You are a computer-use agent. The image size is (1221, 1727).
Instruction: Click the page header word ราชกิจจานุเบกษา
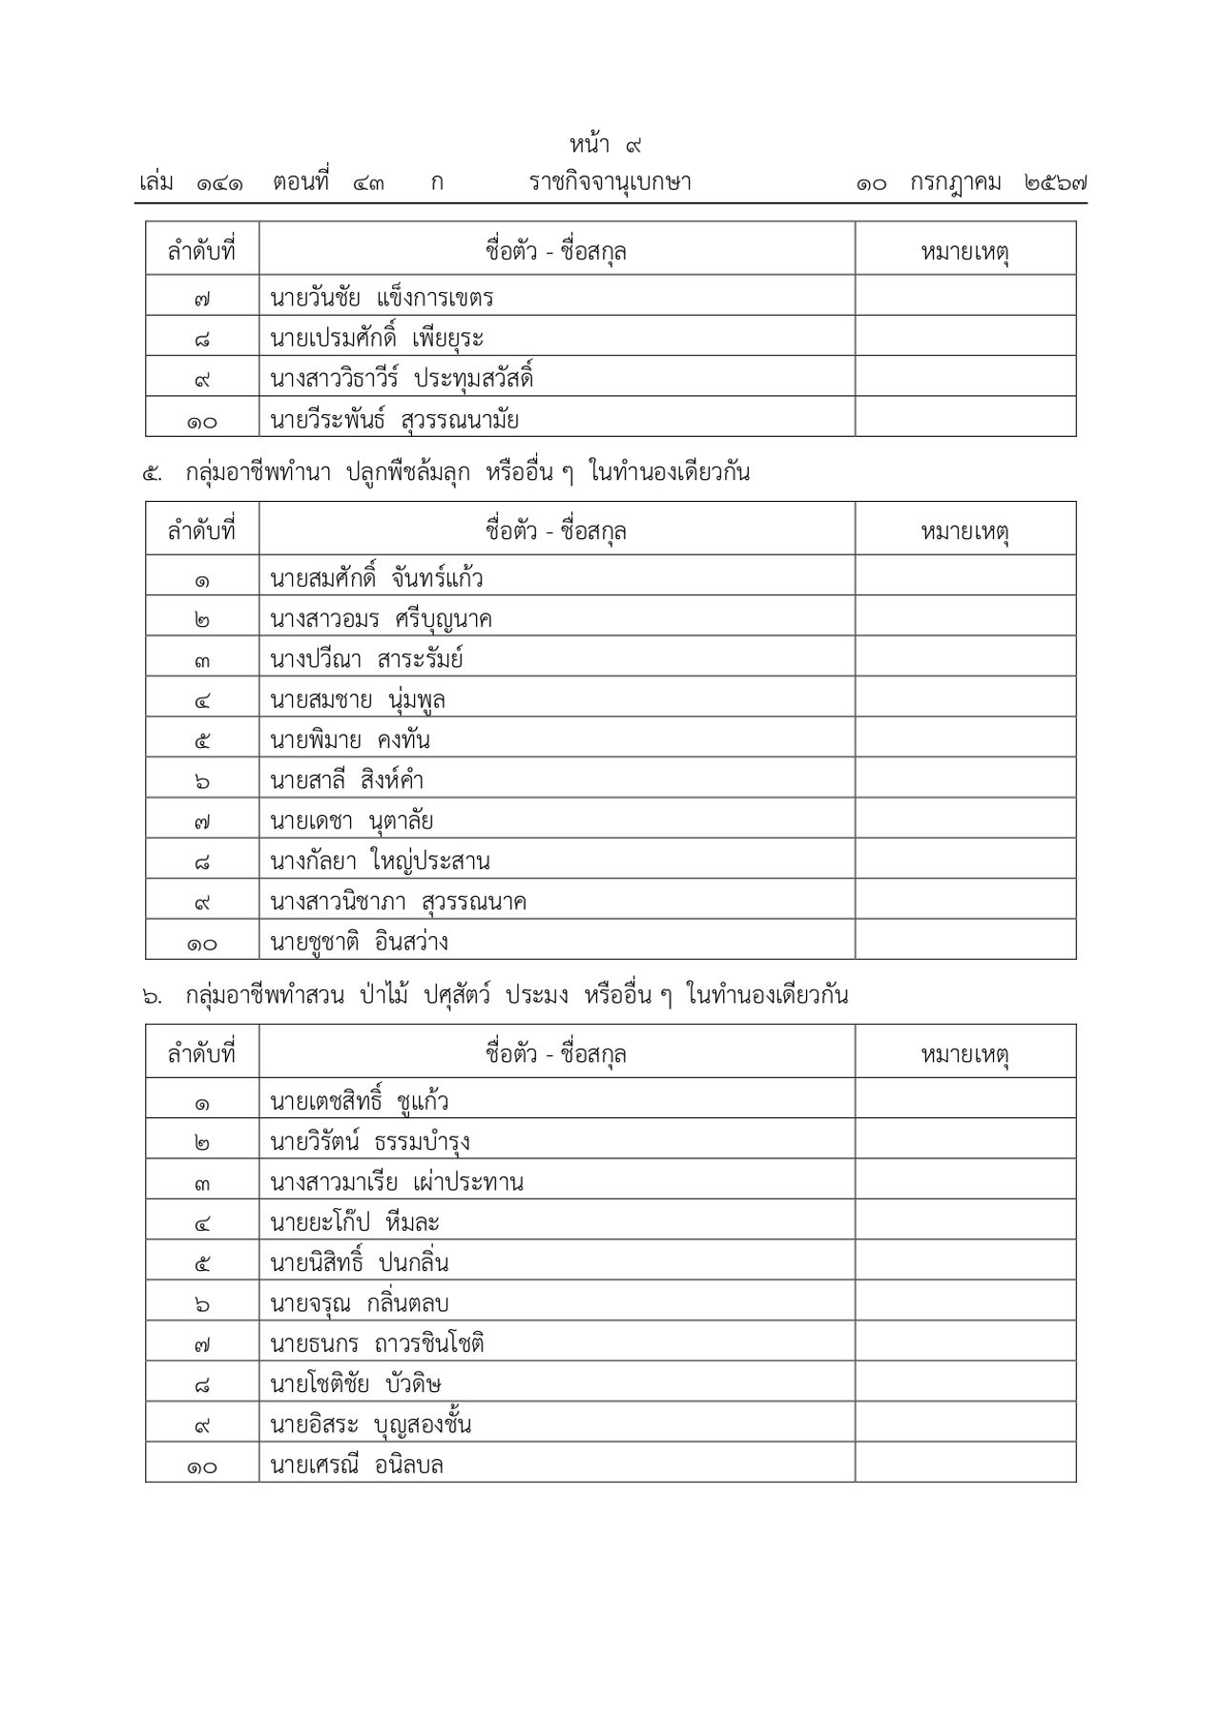click(x=610, y=182)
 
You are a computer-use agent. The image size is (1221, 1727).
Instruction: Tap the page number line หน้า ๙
click(x=606, y=145)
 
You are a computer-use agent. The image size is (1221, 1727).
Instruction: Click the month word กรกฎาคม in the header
click(x=955, y=182)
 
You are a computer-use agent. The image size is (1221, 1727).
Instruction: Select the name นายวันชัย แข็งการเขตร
click(x=382, y=298)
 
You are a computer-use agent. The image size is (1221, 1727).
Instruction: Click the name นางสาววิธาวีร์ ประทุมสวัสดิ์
click(x=402, y=379)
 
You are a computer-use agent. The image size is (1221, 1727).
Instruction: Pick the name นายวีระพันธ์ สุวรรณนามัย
click(x=394, y=420)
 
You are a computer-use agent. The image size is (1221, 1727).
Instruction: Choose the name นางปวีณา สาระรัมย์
click(x=367, y=659)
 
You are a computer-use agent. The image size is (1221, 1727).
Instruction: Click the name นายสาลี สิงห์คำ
click(x=346, y=780)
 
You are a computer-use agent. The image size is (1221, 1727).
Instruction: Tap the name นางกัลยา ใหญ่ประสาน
click(x=380, y=862)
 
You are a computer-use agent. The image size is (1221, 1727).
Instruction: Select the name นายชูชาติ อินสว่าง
click(x=359, y=943)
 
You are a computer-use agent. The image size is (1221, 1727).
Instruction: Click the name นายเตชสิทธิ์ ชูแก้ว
click(x=360, y=1102)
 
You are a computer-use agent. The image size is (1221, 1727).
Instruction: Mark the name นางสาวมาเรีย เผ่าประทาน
click(x=397, y=1183)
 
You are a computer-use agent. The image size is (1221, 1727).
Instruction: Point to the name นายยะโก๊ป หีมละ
click(x=354, y=1223)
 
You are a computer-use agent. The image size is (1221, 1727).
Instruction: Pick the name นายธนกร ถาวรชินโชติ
click(x=378, y=1344)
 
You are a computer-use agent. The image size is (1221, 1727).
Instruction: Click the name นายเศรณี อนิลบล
click(x=357, y=1465)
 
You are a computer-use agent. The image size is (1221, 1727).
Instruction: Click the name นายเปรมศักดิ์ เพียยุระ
click(x=377, y=339)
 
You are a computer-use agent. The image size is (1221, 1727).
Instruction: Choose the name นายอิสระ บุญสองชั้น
click(x=371, y=1425)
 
